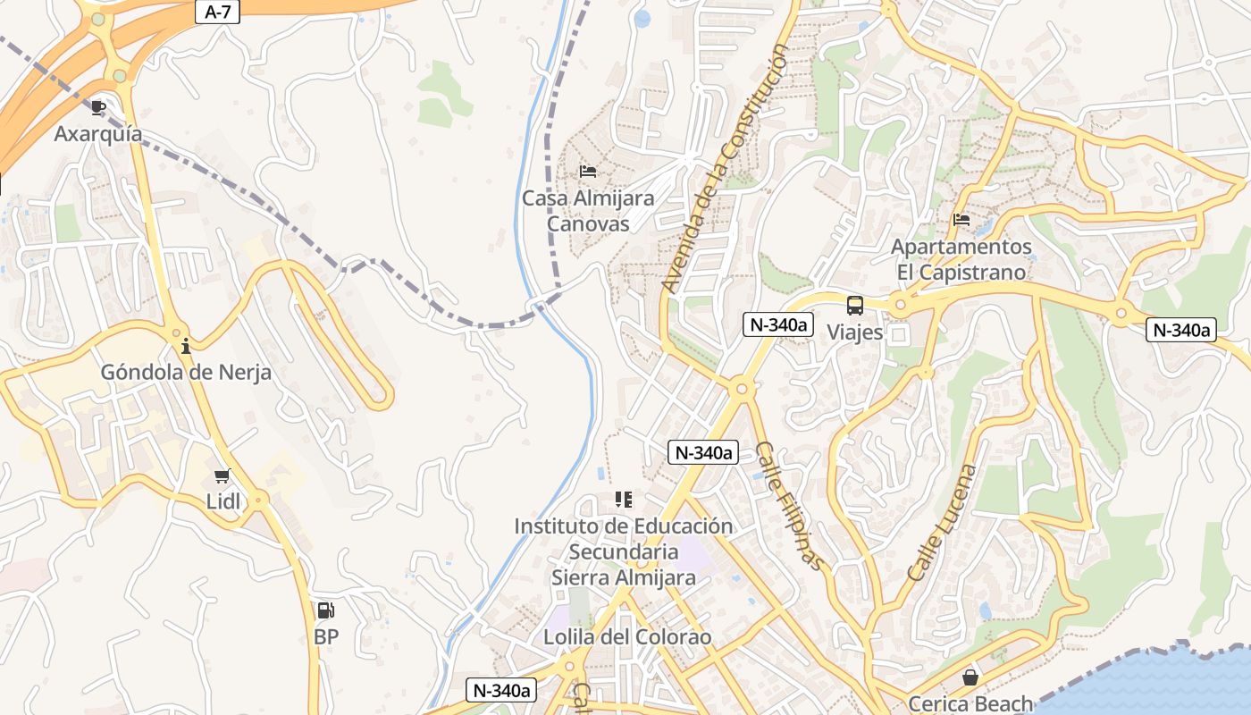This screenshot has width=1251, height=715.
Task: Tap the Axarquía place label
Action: [x=97, y=134]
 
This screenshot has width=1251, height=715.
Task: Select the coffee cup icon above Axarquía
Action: [x=98, y=108]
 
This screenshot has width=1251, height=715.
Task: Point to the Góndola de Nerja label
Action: [x=185, y=372]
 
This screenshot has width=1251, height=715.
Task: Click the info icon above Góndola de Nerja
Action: [x=185, y=346]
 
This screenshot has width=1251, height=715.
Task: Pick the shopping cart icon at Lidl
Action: [x=222, y=475]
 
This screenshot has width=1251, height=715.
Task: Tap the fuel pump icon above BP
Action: [x=326, y=611]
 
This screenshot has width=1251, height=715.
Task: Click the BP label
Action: [x=326, y=637]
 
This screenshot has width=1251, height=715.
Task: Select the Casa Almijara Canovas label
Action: [x=588, y=211]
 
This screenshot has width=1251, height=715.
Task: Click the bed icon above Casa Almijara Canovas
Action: [x=588, y=171]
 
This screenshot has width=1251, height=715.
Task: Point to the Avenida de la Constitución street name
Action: [x=724, y=170]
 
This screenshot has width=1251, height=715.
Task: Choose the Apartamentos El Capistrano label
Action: [x=961, y=259]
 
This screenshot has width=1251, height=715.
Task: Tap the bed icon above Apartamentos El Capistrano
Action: [x=961, y=219]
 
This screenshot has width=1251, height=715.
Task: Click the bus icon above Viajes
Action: [x=855, y=306]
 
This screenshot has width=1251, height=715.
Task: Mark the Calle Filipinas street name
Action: [x=788, y=505]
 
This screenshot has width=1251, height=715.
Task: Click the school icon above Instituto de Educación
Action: [x=623, y=500]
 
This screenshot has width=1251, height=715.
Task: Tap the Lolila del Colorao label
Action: [x=627, y=637]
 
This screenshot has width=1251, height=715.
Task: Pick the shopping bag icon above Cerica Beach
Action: [x=970, y=677]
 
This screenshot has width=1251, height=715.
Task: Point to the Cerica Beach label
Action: [x=970, y=704]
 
